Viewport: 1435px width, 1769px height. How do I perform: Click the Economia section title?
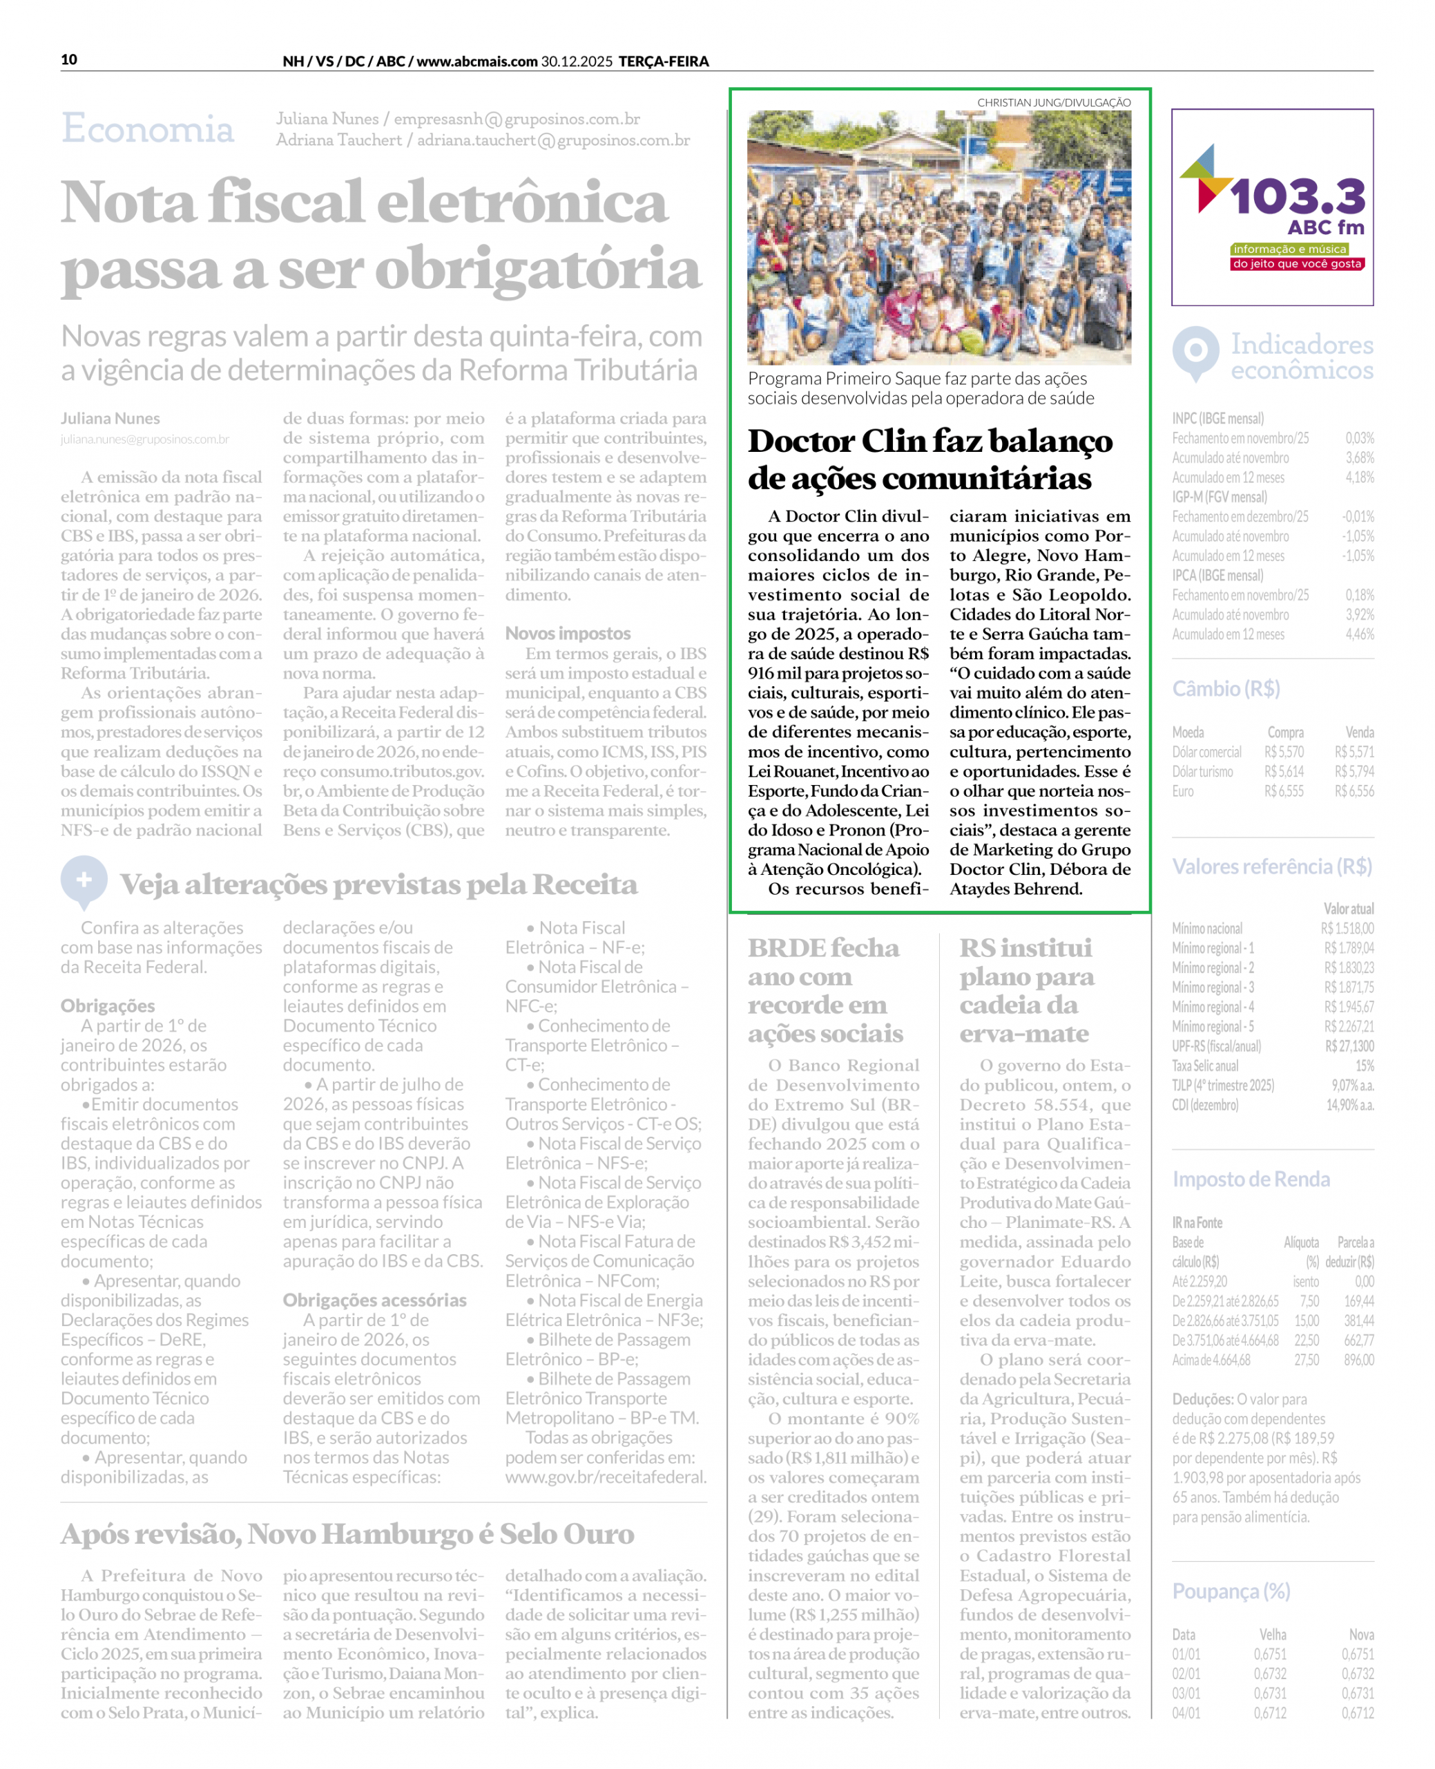tap(147, 129)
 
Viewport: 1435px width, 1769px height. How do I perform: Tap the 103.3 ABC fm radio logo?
tap(1272, 207)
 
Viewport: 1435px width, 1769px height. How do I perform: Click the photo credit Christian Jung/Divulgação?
tap(1053, 102)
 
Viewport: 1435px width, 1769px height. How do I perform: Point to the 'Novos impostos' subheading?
tap(568, 634)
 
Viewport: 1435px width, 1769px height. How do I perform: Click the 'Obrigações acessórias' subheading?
tap(374, 1299)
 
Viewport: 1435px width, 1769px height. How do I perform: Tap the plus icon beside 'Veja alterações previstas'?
tap(84, 880)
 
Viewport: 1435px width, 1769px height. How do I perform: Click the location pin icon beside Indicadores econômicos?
tap(1195, 352)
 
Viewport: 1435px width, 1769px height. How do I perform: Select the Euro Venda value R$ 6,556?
tap(1354, 791)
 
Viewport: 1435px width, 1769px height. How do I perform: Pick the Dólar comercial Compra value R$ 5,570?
tap(1284, 752)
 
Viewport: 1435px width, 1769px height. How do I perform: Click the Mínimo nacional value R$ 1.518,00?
tap(1347, 928)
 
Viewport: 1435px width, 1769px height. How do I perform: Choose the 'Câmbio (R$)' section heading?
tap(1226, 689)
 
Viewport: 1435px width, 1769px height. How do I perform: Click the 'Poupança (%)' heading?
tap(1231, 1591)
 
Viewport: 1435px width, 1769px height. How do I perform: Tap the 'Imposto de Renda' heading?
tap(1251, 1178)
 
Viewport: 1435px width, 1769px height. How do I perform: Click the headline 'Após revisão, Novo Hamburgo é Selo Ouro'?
tap(347, 1534)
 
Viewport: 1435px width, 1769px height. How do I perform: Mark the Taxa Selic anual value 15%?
tap(1364, 1066)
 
